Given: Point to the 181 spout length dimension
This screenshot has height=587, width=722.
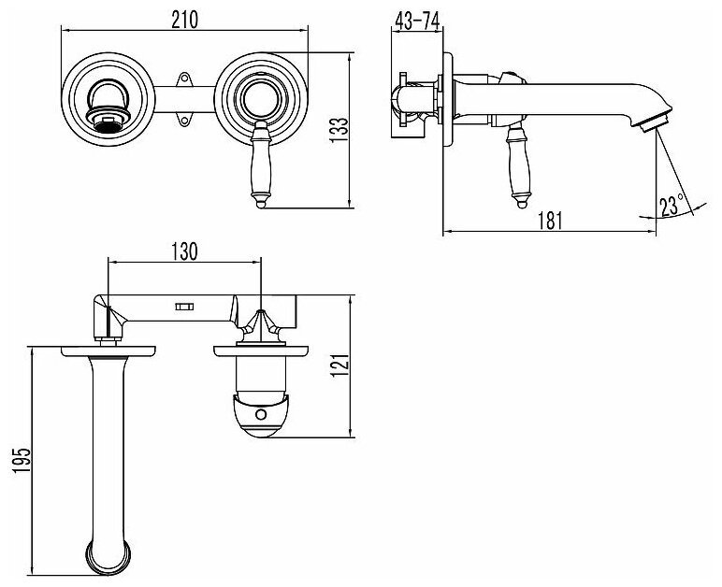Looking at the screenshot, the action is pos(552,221).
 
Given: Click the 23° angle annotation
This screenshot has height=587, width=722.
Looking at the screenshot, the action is pos(671,203).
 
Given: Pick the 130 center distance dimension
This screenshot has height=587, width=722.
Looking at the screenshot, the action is pos(185,251).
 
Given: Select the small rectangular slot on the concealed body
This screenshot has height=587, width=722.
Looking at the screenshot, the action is pos(184,306).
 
